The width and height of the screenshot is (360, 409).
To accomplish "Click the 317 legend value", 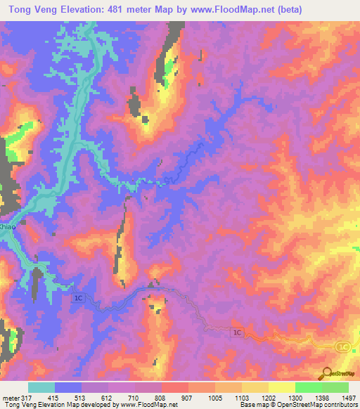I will tap(27, 398).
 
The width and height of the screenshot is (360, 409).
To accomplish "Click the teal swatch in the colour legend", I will tap(41, 387).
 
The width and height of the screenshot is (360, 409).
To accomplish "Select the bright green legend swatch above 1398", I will tap(309, 387).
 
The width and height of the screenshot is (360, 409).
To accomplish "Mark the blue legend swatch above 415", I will tap(68, 387).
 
